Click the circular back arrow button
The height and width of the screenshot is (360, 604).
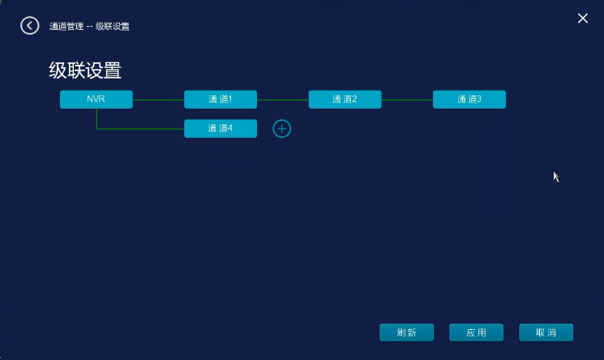click(30, 26)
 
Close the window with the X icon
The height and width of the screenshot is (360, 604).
click(582, 19)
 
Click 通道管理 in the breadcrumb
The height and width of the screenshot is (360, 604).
click(66, 27)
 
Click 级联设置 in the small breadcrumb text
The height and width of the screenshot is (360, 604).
click(113, 27)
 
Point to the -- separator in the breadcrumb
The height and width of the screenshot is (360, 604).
click(90, 27)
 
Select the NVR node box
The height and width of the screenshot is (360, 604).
click(96, 99)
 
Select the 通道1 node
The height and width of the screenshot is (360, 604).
click(221, 99)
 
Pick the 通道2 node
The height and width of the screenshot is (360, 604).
click(345, 99)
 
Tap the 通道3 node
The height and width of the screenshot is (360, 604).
click(469, 99)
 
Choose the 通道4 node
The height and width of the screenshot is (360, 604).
click(221, 128)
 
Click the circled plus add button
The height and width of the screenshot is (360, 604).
click(281, 128)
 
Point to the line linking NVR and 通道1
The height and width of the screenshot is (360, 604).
click(159, 99)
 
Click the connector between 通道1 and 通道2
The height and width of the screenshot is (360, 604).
click(283, 99)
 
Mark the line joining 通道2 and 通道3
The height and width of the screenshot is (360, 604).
click(407, 99)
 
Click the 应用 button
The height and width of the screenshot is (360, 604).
click(477, 332)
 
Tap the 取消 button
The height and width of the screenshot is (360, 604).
click(546, 332)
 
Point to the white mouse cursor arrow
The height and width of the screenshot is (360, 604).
click(556, 176)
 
